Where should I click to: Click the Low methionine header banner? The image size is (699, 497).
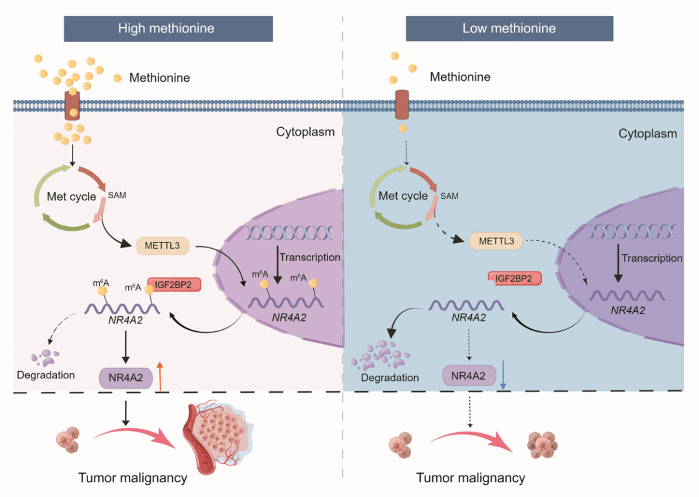coord(509,29)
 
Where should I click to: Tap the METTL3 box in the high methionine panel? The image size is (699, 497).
coord(162,245)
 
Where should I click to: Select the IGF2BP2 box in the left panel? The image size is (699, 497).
coord(173,284)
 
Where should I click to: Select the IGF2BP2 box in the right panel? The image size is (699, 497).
coord(514,279)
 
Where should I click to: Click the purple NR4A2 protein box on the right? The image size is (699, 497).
coord(469,375)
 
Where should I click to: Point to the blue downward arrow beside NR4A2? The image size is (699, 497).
coord(504,376)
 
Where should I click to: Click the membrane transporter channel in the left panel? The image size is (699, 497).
coord(73,104)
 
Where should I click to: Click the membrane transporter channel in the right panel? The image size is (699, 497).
coord(403,105)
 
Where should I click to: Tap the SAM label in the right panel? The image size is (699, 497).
coord(449,196)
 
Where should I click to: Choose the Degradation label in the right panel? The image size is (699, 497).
coord(390,377)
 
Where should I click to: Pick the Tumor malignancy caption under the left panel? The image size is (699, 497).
coord(133,478)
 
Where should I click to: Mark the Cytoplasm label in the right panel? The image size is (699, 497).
coord(647,134)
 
